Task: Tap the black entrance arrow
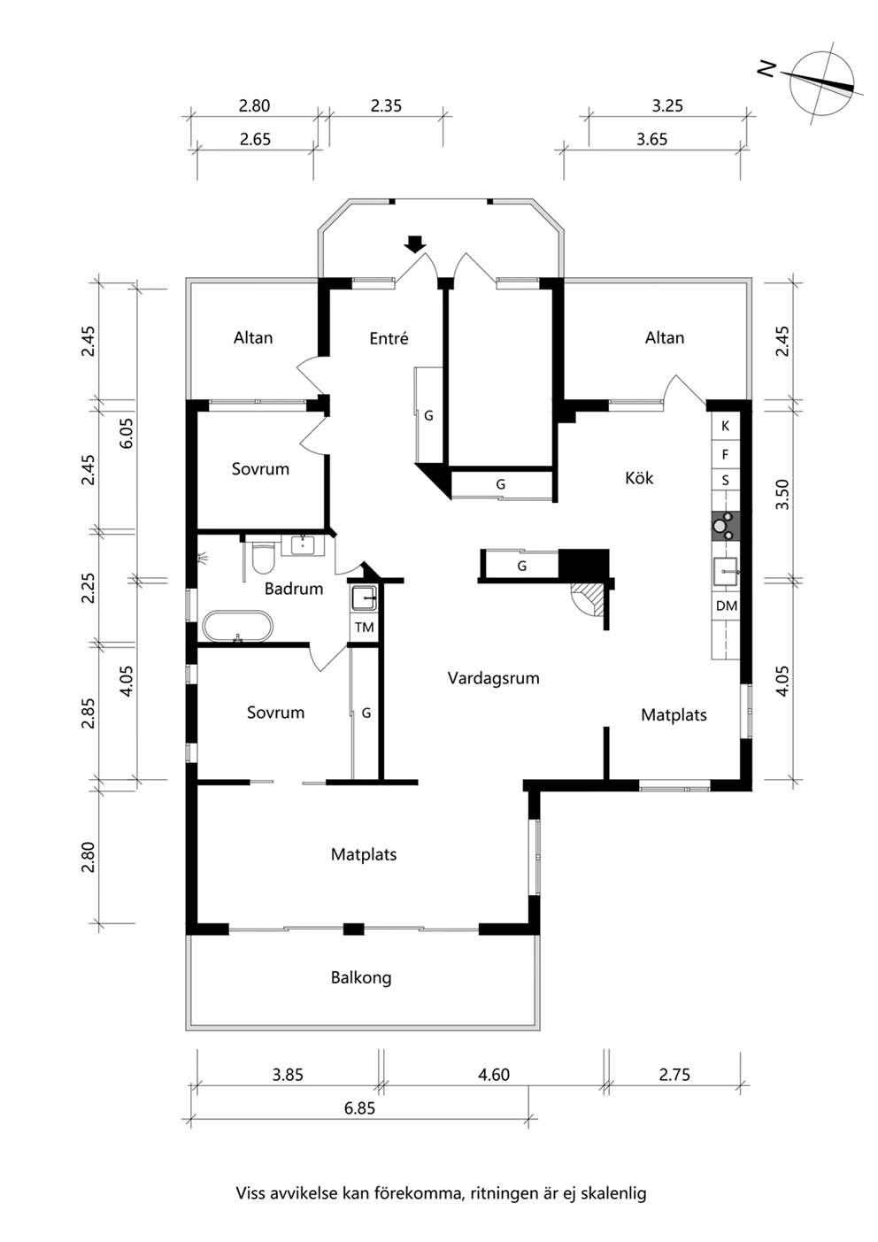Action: pyautogui.click(x=414, y=244)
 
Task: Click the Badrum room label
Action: pyautogui.click(x=294, y=589)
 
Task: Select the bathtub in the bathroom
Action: pyautogui.click(x=238, y=627)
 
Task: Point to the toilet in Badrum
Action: pyautogui.click(x=263, y=555)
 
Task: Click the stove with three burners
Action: pyautogui.click(x=726, y=525)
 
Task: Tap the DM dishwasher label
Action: pyautogui.click(x=726, y=606)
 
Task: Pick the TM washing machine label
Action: pyautogui.click(x=364, y=628)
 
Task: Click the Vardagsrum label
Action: pyautogui.click(x=493, y=678)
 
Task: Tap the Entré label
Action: pyautogui.click(x=389, y=337)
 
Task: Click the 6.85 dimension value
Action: pyautogui.click(x=359, y=1108)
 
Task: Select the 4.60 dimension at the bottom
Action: pyautogui.click(x=493, y=1075)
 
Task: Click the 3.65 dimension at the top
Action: pyautogui.click(x=651, y=139)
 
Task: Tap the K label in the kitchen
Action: pyautogui.click(x=726, y=427)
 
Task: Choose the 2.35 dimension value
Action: pyautogui.click(x=386, y=105)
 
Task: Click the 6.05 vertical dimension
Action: pyautogui.click(x=126, y=433)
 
